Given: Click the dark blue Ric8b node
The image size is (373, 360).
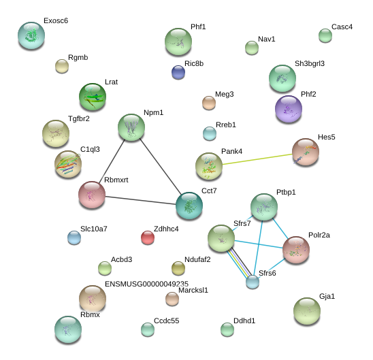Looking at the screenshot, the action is click(x=178, y=72).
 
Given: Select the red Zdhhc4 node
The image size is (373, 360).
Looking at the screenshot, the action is click(x=148, y=238).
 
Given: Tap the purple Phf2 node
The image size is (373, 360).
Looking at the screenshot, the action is click(x=289, y=109).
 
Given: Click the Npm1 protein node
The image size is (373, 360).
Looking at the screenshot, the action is click(x=131, y=127).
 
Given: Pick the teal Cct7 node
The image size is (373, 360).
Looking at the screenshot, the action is click(x=189, y=206).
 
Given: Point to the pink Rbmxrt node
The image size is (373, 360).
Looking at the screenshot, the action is click(x=92, y=195).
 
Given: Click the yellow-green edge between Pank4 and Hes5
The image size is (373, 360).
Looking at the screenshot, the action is click(x=257, y=159).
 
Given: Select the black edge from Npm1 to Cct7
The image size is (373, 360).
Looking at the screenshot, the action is click(x=161, y=167).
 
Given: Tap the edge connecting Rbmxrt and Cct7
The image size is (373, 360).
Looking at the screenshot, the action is click(x=141, y=200).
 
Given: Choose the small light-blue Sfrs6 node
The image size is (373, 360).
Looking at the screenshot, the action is click(x=253, y=282).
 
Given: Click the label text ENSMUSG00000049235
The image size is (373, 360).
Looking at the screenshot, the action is click(x=146, y=284).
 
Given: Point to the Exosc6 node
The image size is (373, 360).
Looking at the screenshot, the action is click(x=31, y=35).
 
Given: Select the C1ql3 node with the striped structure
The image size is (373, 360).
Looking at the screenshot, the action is click(x=68, y=164).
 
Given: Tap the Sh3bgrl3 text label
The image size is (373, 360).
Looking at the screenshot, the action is click(x=310, y=63).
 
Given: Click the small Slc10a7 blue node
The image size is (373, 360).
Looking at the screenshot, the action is click(x=74, y=238).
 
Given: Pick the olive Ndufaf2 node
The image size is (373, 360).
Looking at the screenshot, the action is click(x=178, y=268).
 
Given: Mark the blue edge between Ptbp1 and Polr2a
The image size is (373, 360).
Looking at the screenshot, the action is click(x=280, y=228).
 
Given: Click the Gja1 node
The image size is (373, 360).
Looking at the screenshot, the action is click(x=307, y=311).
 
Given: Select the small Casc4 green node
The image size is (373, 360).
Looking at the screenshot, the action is click(x=325, y=35).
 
